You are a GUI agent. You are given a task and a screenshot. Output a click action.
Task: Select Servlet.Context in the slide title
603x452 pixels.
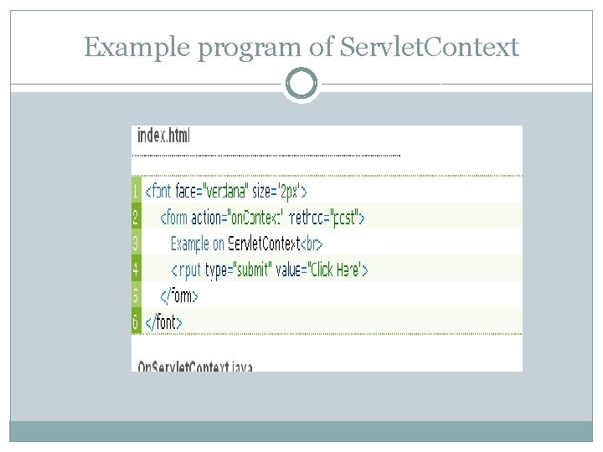pos(430,48)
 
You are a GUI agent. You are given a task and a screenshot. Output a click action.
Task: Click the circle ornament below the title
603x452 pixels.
pos(301,84)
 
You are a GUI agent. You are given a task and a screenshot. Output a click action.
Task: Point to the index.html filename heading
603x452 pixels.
pos(164,136)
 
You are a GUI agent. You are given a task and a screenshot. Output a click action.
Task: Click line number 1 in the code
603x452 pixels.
pos(137,191)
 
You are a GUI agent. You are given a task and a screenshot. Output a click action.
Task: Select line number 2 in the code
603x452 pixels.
pos(137,218)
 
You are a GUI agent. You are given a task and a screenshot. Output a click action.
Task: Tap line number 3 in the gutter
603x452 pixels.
pos(137,244)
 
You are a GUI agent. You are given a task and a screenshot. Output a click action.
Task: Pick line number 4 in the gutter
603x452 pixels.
pos(137,270)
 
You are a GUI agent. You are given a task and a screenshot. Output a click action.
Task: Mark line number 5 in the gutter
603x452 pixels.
pos(137,295)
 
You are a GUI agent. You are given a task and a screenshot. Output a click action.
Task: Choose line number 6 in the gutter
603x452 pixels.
pos(137,321)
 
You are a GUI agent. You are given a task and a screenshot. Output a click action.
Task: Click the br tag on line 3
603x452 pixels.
pos(311,244)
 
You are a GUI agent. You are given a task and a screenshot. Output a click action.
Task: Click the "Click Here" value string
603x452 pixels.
pos(334,270)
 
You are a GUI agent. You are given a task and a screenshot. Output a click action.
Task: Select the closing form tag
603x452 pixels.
pos(178,296)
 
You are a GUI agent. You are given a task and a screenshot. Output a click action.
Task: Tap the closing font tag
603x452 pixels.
pos(163,322)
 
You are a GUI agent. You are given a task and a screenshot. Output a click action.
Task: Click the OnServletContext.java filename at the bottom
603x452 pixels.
pos(195,366)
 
